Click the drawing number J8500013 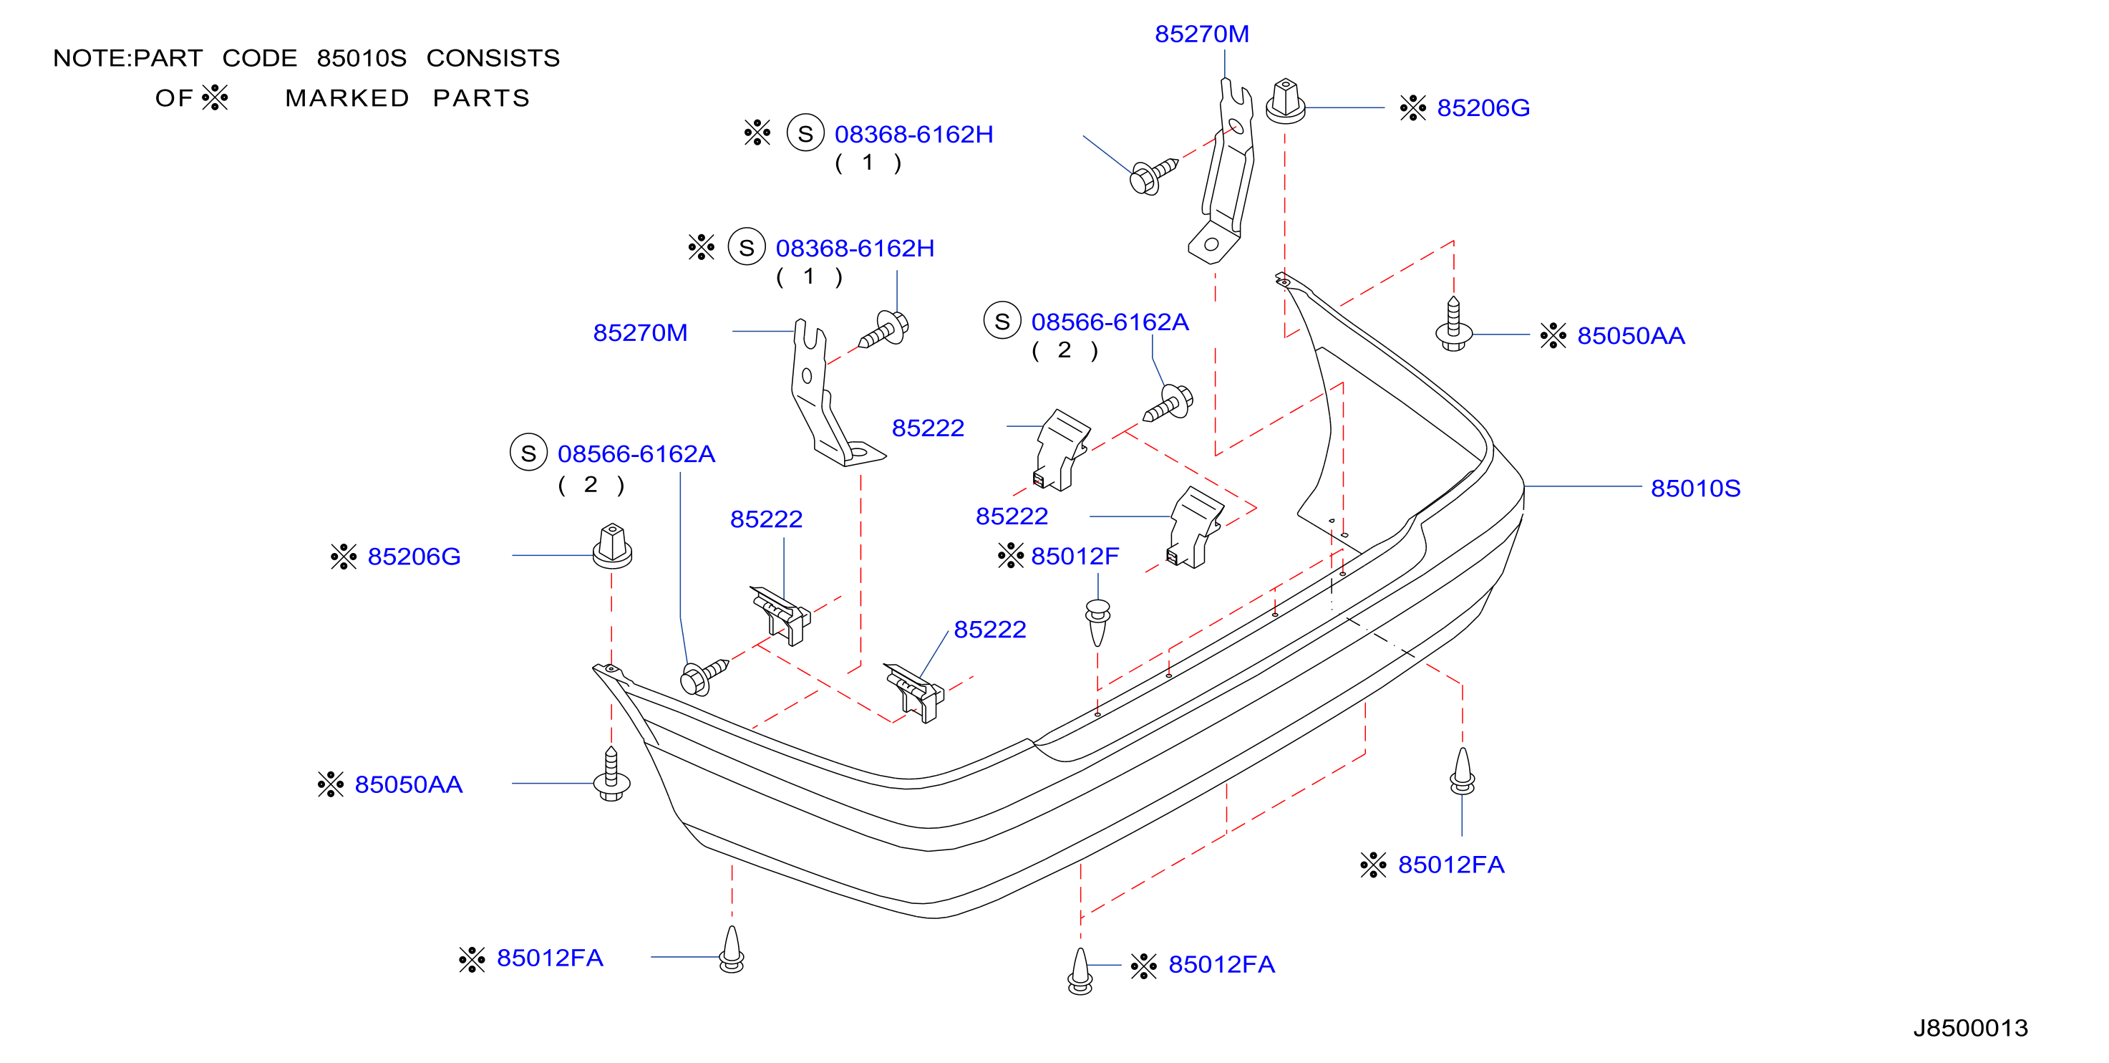[1970, 1028]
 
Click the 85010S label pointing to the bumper [1695, 488]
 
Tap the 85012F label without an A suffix [1074, 556]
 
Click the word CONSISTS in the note [493, 58]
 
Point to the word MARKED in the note [347, 98]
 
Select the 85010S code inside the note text [361, 58]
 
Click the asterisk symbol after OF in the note [215, 97]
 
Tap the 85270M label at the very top [1201, 34]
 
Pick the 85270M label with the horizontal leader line [639, 332]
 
